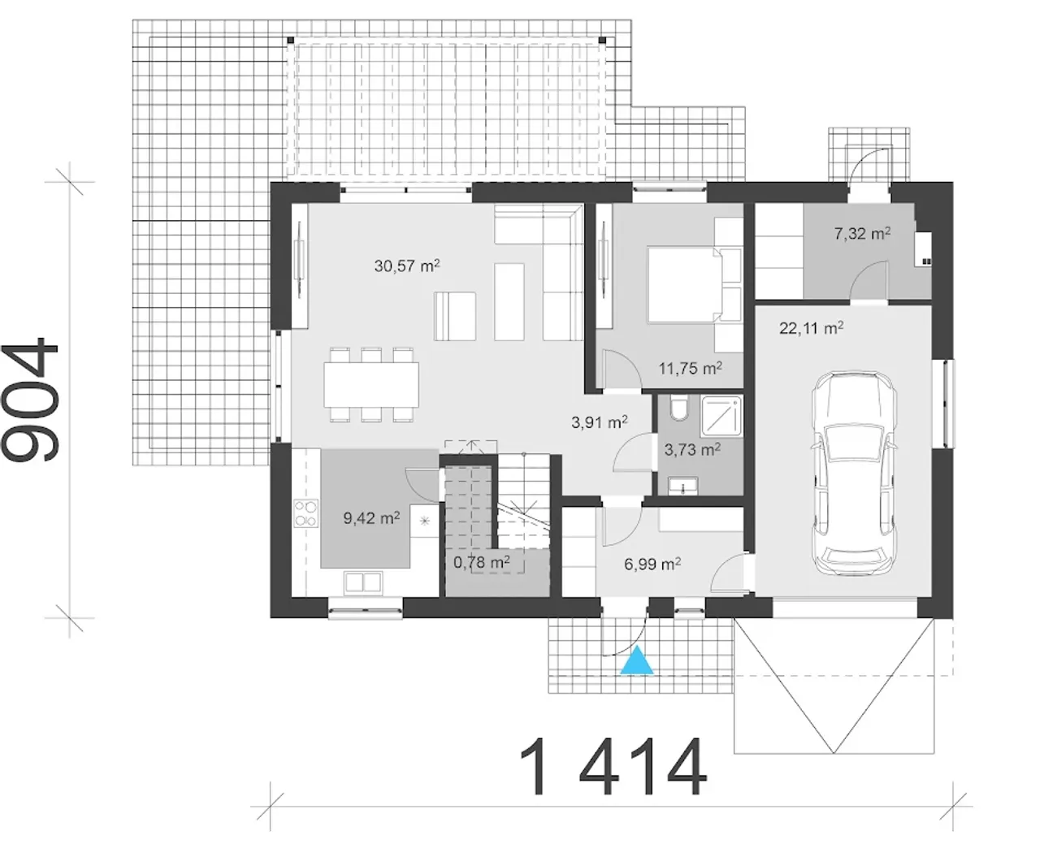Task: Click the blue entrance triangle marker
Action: [637, 661]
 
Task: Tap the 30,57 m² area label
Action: [407, 266]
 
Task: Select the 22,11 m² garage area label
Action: [811, 328]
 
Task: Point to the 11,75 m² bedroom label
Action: [691, 368]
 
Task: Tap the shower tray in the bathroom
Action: [721, 417]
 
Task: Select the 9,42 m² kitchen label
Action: [371, 518]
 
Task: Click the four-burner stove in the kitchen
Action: [305, 513]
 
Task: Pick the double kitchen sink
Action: [362, 583]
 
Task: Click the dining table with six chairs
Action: [371, 385]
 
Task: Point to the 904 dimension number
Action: [30, 400]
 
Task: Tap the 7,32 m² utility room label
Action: [862, 233]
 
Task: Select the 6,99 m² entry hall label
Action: [652, 565]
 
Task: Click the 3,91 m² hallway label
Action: [600, 422]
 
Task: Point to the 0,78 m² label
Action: [482, 562]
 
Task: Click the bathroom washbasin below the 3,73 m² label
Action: [682, 487]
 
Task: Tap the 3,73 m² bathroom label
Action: [692, 449]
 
